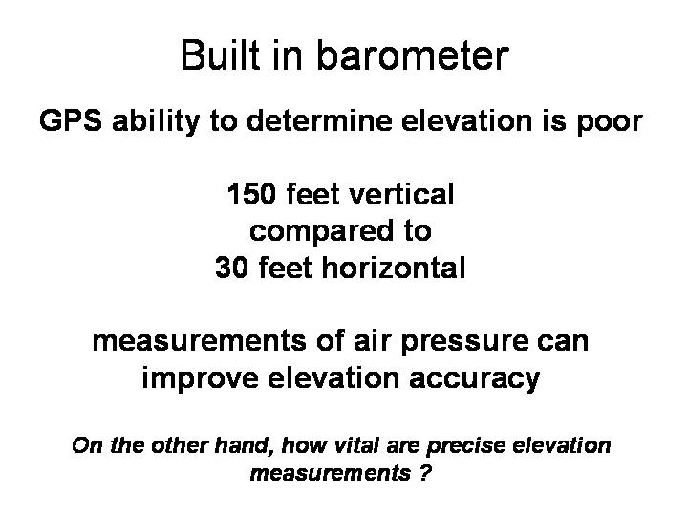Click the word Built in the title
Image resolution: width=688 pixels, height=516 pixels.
pos(220,54)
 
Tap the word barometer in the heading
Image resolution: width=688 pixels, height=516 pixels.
pos(413,54)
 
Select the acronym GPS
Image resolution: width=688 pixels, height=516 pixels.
pos(71,120)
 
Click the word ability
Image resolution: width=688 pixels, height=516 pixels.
pos(156,121)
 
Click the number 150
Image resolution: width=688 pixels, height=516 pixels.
pos(252,194)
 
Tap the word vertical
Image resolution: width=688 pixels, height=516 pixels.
pos(401,194)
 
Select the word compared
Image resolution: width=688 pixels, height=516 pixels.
pos(321,231)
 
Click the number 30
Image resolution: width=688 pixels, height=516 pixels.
pos(231,268)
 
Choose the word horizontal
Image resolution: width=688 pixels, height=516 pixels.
pos(394,267)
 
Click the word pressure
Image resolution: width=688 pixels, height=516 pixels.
pos(464,343)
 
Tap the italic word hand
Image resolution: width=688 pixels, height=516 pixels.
pos(241,445)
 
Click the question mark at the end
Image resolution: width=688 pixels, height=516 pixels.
pos(424,473)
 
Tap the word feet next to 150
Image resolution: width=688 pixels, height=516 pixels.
pos(312,194)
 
